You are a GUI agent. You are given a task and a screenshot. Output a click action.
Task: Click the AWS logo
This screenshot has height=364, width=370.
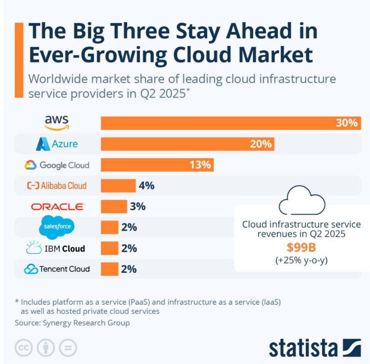click(57, 123)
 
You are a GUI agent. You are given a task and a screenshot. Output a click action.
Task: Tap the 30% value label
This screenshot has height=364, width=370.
click(346, 123)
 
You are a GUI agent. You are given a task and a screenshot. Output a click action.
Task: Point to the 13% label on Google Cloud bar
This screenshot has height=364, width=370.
click(200, 165)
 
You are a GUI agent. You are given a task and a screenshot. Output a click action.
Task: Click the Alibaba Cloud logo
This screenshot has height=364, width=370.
click(57, 186)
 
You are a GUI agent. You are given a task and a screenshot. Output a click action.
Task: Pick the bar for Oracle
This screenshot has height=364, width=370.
click(114, 207)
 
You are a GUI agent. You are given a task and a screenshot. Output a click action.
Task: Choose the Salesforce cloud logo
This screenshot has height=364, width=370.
click(57, 227)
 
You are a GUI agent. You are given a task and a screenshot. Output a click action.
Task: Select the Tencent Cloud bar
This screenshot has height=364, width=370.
click(109, 269)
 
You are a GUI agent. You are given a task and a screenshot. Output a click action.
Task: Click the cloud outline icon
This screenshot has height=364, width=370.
click(302, 200)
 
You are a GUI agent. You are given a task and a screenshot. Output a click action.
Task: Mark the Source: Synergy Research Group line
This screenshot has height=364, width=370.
click(72, 323)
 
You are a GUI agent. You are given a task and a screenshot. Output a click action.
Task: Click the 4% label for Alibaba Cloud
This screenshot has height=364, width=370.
click(146, 186)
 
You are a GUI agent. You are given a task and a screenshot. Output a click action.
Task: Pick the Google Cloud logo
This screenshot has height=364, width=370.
click(57, 165)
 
